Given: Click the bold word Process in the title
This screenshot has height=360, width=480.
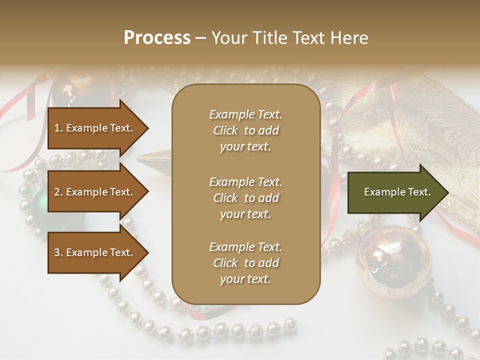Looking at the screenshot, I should (157, 38).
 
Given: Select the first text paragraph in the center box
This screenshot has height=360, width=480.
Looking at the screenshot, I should (245, 130).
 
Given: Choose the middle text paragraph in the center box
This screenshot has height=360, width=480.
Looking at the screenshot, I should (245, 198).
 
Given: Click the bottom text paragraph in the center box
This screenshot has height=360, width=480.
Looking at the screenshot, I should (245, 263).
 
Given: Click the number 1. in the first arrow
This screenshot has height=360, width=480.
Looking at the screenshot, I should (58, 128).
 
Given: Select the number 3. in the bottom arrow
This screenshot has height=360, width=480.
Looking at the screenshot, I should (58, 252).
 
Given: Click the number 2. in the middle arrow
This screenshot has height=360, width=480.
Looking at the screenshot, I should (58, 192).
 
